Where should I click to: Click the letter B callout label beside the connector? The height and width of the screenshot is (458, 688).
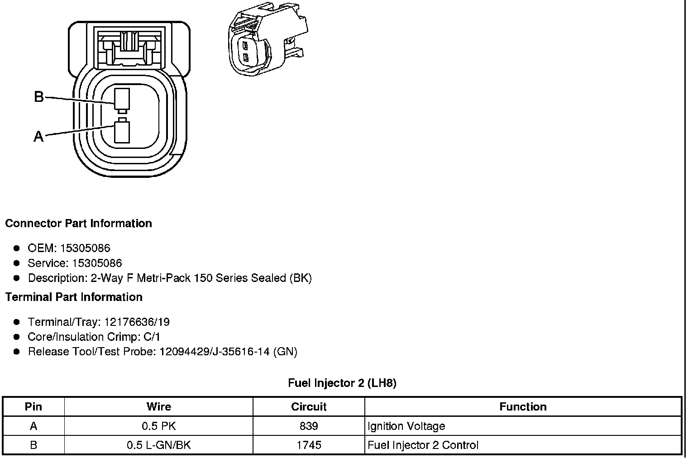click(39, 96)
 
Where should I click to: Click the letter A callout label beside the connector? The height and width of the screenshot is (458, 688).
click(38, 136)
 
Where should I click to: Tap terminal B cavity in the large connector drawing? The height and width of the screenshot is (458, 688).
click(122, 99)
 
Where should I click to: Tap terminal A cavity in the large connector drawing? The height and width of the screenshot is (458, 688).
click(122, 132)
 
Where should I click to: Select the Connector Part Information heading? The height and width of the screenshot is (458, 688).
click(79, 224)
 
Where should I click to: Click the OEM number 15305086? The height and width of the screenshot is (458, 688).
click(85, 248)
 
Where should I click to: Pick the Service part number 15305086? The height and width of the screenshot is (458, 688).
click(97, 263)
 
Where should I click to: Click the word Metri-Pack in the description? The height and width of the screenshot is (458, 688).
click(164, 278)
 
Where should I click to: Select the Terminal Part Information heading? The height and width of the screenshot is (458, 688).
click(74, 297)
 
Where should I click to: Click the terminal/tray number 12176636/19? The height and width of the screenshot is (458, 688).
click(137, 322)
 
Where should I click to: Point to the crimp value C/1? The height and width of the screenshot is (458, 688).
click(152, 337)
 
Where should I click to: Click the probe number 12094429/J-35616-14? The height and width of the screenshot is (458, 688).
click(215, 352)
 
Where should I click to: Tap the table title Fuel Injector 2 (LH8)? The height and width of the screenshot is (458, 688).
click(342, 383)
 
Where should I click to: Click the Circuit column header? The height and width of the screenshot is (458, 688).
click(309, 406)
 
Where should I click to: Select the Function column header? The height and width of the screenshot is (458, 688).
click(523, 406)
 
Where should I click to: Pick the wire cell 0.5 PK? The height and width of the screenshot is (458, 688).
click(158, 426)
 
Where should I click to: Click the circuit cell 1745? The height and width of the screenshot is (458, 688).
click(309, 445)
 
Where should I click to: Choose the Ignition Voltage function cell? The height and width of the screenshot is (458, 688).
click(406, 426)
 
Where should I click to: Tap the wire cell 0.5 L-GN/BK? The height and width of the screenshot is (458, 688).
click(158, 445)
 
